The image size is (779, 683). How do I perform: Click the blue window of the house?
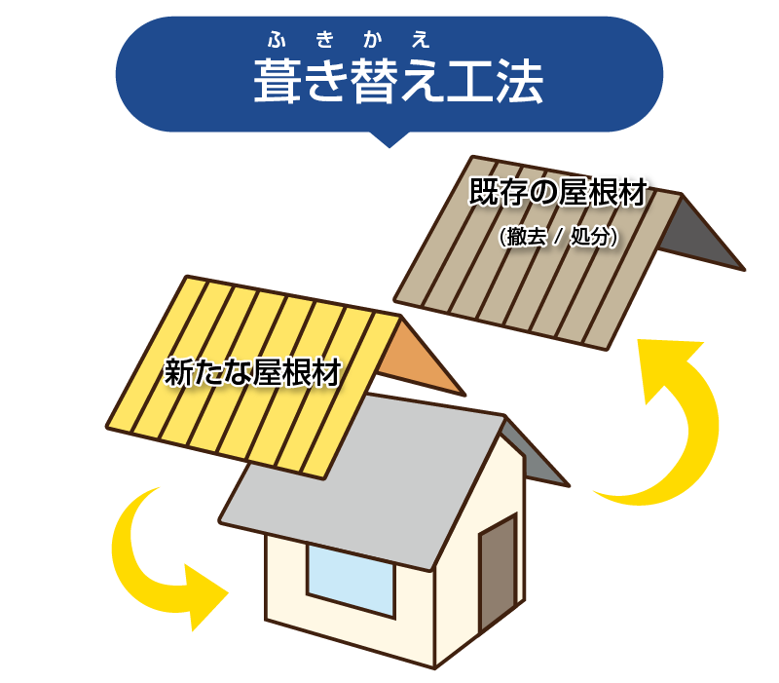[351, 581]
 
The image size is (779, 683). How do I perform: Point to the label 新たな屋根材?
[252, 372]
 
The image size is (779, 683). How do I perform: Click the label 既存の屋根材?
[557, 193]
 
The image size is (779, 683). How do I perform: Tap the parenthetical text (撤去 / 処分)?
[557, 237]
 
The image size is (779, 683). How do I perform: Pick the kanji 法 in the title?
[518, 82]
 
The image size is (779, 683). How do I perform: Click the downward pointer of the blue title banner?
[389, 138]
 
